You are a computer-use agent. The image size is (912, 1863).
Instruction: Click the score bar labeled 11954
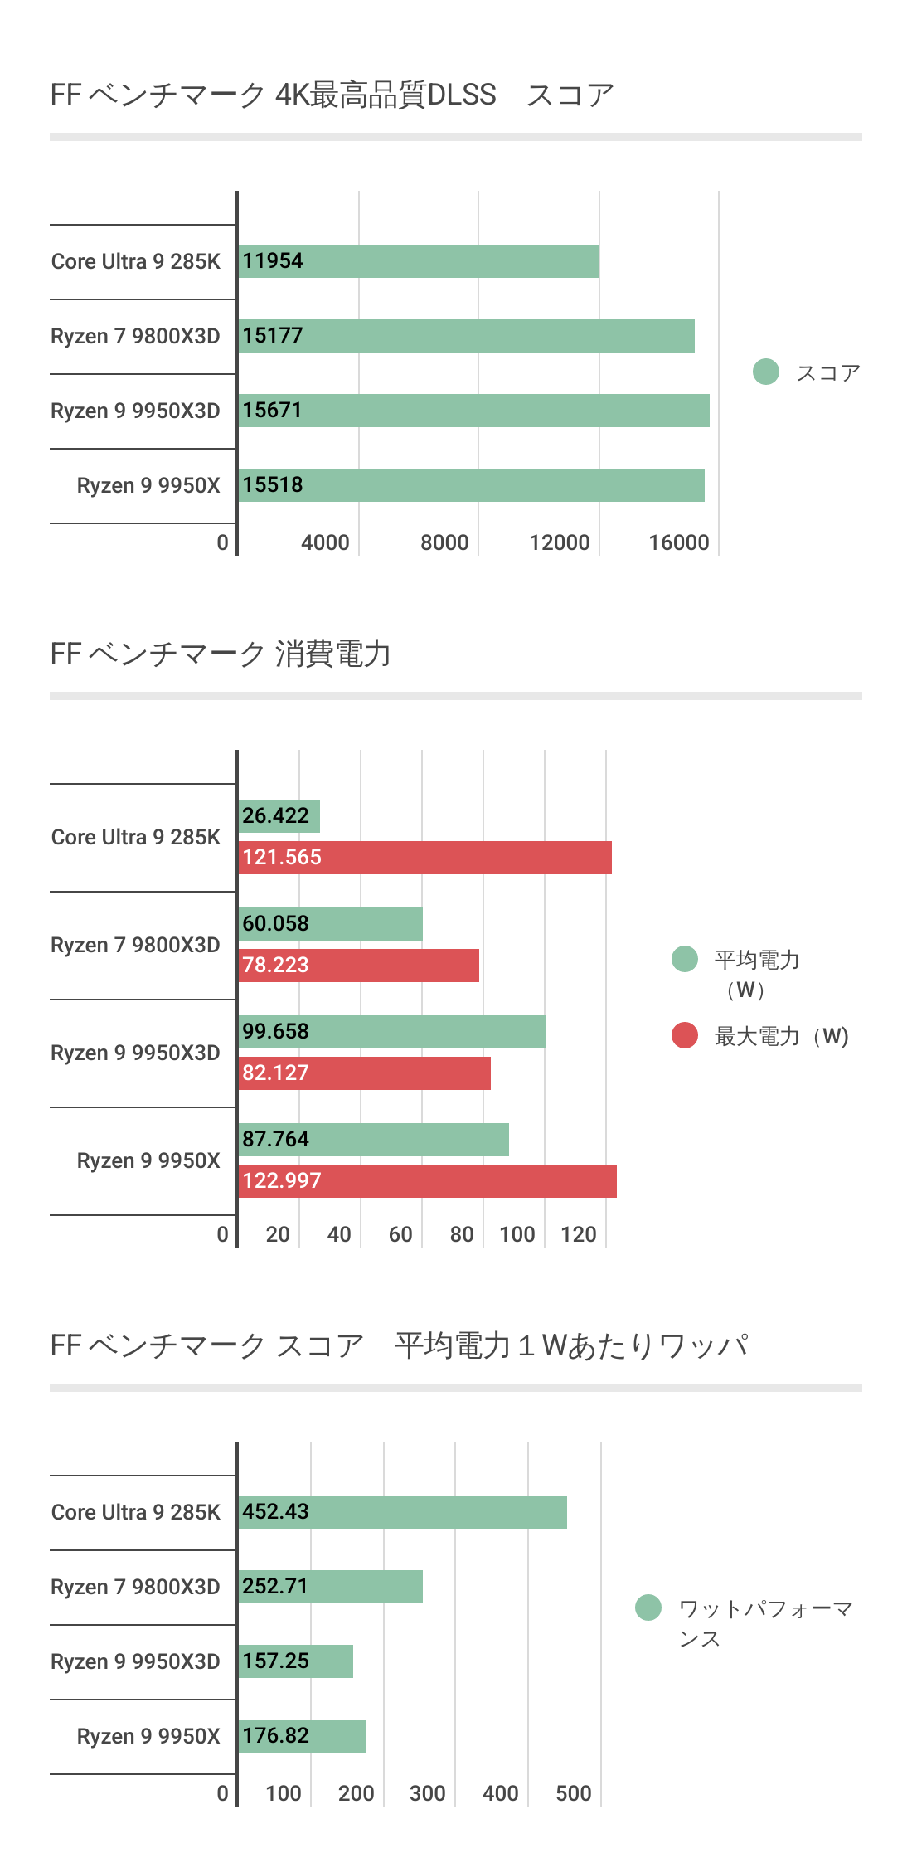point(418,261)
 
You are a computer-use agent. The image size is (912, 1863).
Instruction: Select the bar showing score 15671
point(473,411)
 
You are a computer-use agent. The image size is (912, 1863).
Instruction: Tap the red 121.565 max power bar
point(424,858)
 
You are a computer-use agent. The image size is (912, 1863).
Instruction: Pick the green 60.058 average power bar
point(330,924)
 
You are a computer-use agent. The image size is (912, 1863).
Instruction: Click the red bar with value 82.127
point(364,1073)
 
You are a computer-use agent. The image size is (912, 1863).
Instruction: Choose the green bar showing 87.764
point(373,1140)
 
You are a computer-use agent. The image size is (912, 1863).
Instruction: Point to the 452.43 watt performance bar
point(402,1512)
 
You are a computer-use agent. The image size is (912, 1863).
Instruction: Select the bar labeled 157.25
point(295,1661)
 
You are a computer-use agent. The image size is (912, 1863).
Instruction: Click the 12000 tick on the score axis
point(560,542)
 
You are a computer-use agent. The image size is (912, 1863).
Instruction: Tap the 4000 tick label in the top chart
point(325,542)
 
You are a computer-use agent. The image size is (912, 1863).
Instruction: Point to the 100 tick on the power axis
point(517,1234)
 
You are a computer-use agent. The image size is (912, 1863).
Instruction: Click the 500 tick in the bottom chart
point(574,1793)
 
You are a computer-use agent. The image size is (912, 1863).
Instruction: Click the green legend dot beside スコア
point(766,372)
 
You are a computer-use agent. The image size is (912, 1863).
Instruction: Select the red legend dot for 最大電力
point(685,1035)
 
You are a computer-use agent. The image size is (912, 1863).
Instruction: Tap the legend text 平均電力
point(756,961)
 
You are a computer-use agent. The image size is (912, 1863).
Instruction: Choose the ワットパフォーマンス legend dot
point(648,1608)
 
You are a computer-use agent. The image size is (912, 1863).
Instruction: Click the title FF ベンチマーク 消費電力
point(221,654)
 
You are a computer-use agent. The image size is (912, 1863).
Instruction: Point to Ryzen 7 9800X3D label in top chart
point(135,336)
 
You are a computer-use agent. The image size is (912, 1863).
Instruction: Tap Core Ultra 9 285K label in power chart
point(136,837)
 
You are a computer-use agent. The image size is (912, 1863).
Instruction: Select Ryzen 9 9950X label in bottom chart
point(148,1736)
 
